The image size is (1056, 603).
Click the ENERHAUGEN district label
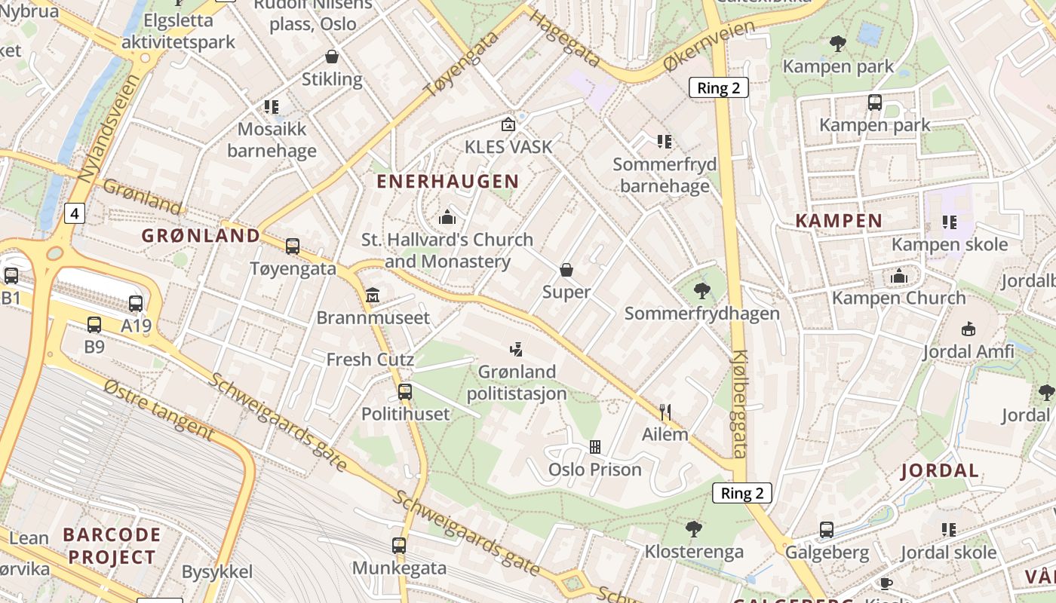(x=447, y=181)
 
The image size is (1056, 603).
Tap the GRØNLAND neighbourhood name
(x=201, y=235)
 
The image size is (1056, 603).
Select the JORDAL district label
(x=940, y=471)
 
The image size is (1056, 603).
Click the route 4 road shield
(x=74, y=214)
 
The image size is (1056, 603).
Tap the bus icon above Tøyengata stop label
(x=293, y=246)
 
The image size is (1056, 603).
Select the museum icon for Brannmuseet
(x=372, y=295)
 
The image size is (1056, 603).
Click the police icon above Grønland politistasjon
(x=517, y=349)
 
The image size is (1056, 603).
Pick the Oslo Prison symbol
(x=595, y=447)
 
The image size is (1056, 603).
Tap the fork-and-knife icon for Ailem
(x=665, y=412)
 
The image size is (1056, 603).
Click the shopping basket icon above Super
(x=566, y=269)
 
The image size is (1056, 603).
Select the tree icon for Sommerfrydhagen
(x=701, y=290)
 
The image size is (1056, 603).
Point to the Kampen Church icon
(x=898, y=276)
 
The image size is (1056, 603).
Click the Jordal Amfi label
(x=969, y=351)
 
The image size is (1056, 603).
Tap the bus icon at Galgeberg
(x=827, y=530)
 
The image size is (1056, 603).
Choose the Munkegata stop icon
(x=399, y=545)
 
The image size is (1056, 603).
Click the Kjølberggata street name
(x=739, y=404)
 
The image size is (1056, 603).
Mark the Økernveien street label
(x=709, y=47)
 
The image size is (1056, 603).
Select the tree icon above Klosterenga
(x=693, y=528)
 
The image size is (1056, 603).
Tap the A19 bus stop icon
(x=136, y=304)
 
